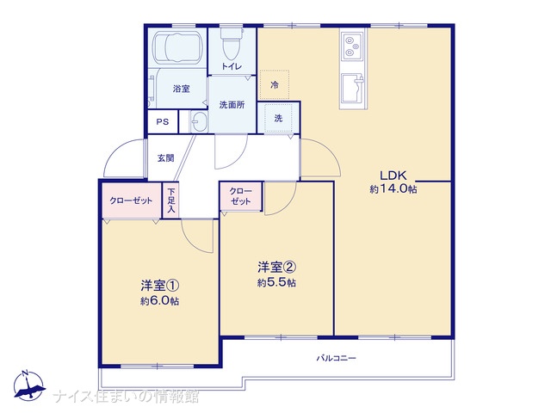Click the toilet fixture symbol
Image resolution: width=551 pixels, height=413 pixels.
[232, 44]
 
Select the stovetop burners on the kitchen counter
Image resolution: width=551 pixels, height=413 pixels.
[352, 46]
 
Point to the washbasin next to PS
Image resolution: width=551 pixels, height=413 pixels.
[199, 121]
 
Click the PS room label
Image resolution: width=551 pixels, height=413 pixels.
[163, 122]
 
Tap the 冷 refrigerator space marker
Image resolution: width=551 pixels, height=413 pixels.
[275, 84]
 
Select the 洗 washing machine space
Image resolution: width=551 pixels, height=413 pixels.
[278, 118]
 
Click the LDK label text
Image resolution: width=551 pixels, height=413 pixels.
[393, 175]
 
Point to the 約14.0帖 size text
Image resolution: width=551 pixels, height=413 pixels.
[393, 189]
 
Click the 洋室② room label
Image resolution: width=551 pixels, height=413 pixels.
[276, 268]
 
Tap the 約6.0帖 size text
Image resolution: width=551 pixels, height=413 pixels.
[159, 301]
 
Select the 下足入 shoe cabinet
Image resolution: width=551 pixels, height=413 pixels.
[170, 200]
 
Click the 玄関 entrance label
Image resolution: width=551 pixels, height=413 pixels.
[165, 158]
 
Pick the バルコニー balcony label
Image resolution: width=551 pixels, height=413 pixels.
[337, 358]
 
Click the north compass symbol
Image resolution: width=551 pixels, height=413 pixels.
[28, 385]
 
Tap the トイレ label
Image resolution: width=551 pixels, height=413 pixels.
[232, 66]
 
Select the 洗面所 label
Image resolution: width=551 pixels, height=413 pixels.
[232, 105]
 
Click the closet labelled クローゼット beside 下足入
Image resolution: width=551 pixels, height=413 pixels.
[131, 200]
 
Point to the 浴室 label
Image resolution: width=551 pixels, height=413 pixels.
[182, 89]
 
